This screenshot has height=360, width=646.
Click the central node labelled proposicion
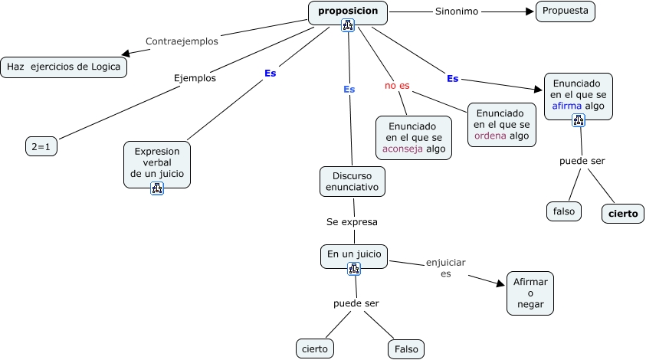click(348, 12)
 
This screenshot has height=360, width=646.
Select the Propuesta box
click(566, 11)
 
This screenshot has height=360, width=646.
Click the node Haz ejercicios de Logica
click(64, 67)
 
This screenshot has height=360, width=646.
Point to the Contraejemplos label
click(182, 41)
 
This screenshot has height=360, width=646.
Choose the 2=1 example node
click(41, 146)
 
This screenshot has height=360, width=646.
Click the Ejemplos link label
click(195, 77)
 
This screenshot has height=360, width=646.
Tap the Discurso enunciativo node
click(353, 181)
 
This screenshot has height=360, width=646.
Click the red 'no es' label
click(397, 85)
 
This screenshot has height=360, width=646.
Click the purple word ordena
click(490, 136)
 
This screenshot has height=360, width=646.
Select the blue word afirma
click(566, 106)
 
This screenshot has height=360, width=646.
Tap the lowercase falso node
click(564, 211)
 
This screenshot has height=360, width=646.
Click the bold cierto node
click(622, 214)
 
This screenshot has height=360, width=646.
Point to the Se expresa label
click(352, 221)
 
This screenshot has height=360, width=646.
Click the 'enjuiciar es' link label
click(445, 267)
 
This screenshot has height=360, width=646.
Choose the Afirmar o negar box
click(530, 293)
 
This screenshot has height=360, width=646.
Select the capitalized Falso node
click(406, 349)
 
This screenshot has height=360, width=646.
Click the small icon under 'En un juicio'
click(353, 268)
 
